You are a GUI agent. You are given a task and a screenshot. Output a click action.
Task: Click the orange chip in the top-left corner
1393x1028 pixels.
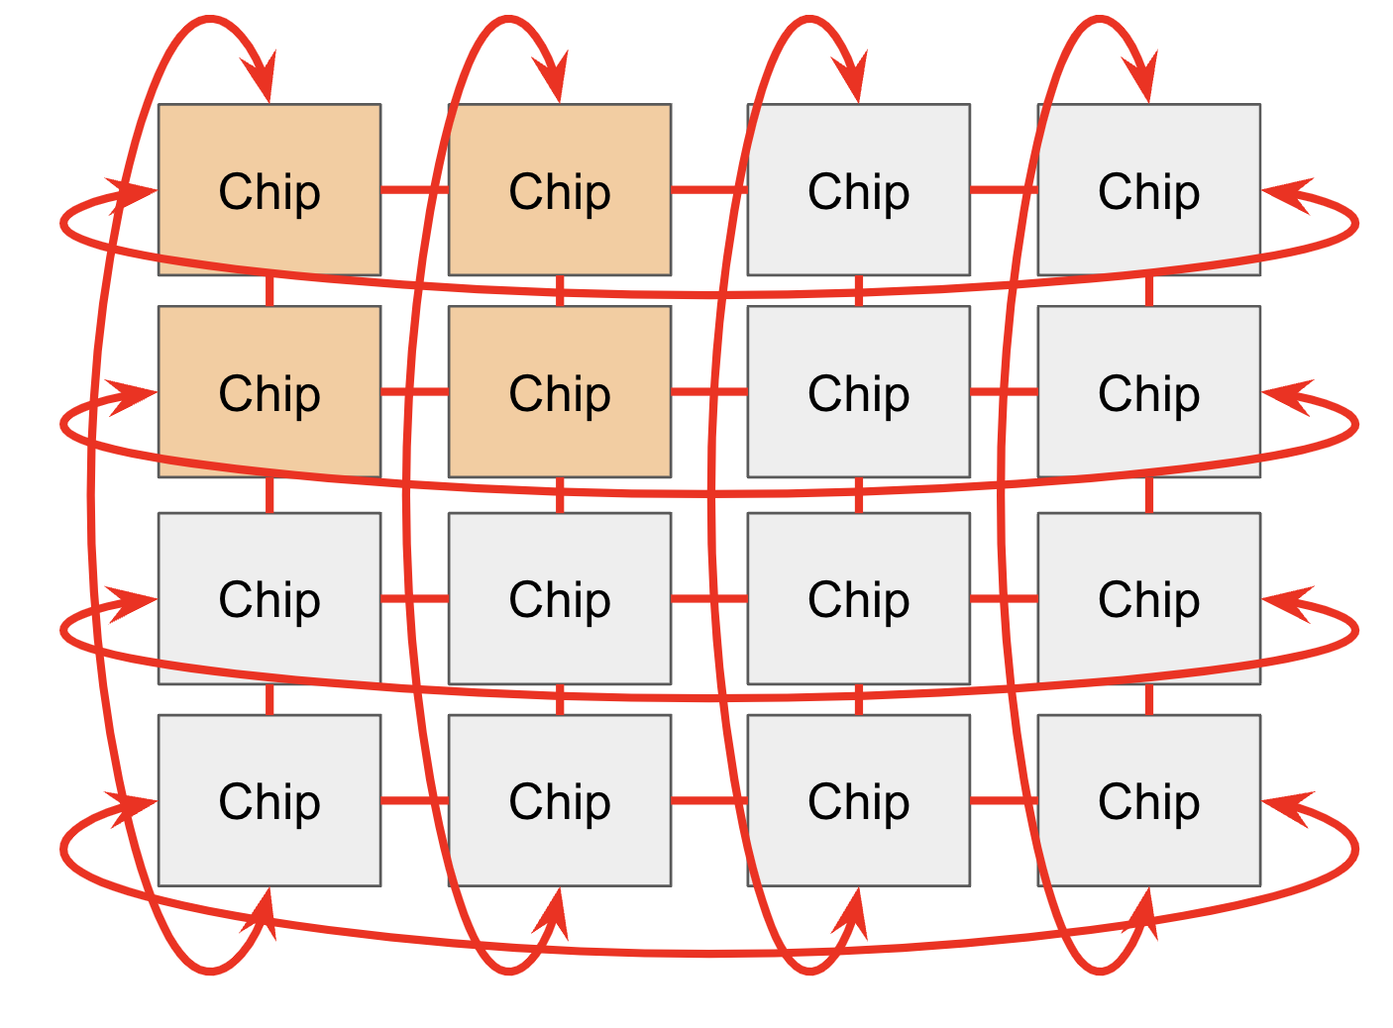(268, 189)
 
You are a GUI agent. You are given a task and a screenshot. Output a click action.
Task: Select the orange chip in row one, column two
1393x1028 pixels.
(559, 189)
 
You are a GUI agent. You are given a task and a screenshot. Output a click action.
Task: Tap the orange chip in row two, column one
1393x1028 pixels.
(268, 391)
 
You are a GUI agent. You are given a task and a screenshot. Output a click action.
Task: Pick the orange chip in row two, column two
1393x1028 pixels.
(559, 391)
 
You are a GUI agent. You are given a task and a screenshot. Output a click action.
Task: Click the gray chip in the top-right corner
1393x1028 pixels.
(1148, 189)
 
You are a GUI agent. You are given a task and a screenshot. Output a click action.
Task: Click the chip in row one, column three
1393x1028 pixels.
(858, 189)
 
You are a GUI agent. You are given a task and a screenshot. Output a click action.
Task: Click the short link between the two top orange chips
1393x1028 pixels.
(414, 189)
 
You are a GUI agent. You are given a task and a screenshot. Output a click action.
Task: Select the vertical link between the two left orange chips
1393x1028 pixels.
(268, 291)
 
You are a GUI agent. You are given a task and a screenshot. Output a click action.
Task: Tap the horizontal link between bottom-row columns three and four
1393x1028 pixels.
(1003, 799)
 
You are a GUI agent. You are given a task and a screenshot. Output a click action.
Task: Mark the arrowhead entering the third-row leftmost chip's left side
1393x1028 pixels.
(134, 603)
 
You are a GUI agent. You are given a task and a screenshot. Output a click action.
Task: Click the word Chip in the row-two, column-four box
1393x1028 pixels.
(1148, 393)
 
